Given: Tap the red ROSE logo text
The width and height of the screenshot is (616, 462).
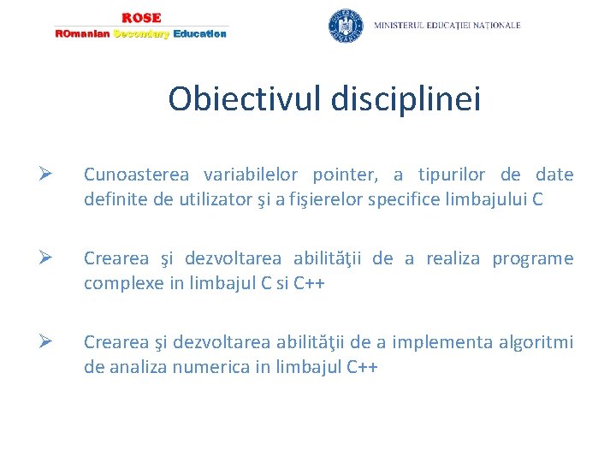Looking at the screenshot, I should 141,18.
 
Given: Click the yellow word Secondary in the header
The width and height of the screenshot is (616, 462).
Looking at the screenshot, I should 141,34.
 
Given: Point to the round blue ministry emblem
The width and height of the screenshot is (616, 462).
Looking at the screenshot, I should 346,26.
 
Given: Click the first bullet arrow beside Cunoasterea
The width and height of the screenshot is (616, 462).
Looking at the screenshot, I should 47,175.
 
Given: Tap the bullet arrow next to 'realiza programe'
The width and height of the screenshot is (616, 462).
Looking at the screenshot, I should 47,259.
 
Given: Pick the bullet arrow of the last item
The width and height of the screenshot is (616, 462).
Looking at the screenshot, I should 47,343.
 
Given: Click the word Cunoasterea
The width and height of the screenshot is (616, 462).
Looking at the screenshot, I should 137,175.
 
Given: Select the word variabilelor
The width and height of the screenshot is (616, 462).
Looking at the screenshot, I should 251,175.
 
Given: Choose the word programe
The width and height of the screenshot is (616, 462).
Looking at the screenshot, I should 532,259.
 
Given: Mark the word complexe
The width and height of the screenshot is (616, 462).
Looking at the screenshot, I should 120,283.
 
